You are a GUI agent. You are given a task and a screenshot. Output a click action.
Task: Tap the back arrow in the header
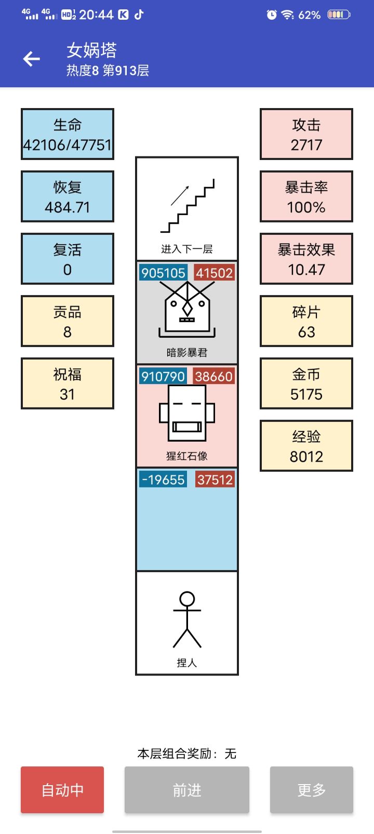[32, 59]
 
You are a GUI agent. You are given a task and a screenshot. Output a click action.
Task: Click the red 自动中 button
[62, 790]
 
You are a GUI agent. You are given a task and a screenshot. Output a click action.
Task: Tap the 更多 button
[311, 790]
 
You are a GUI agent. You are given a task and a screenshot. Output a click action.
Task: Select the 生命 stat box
[68, 134]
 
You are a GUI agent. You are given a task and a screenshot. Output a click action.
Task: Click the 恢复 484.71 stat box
[68, 196]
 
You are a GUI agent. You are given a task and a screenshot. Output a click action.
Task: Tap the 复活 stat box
[68, 259]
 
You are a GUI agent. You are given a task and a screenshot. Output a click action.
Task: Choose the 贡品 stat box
[68, 321]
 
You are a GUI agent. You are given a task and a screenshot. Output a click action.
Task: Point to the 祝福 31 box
[68, 383]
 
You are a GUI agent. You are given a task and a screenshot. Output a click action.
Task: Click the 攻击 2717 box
[306, 134]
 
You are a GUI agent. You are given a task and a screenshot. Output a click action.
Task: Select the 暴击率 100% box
[306, 196]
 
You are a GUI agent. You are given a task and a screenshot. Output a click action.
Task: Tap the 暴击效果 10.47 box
[306, 259]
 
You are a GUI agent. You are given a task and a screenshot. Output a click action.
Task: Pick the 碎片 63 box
[306, 321]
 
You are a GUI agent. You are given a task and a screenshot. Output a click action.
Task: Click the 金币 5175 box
[306, 383]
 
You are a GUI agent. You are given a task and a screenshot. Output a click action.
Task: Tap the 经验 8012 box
[306, 446]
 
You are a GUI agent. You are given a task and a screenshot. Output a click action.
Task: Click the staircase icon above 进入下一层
[187, 206]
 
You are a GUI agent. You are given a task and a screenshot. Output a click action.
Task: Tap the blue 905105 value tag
[163, 273]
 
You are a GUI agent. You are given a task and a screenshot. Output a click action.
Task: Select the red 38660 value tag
[213, 376]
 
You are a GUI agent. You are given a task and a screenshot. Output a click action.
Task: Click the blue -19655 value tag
[163, 479]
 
